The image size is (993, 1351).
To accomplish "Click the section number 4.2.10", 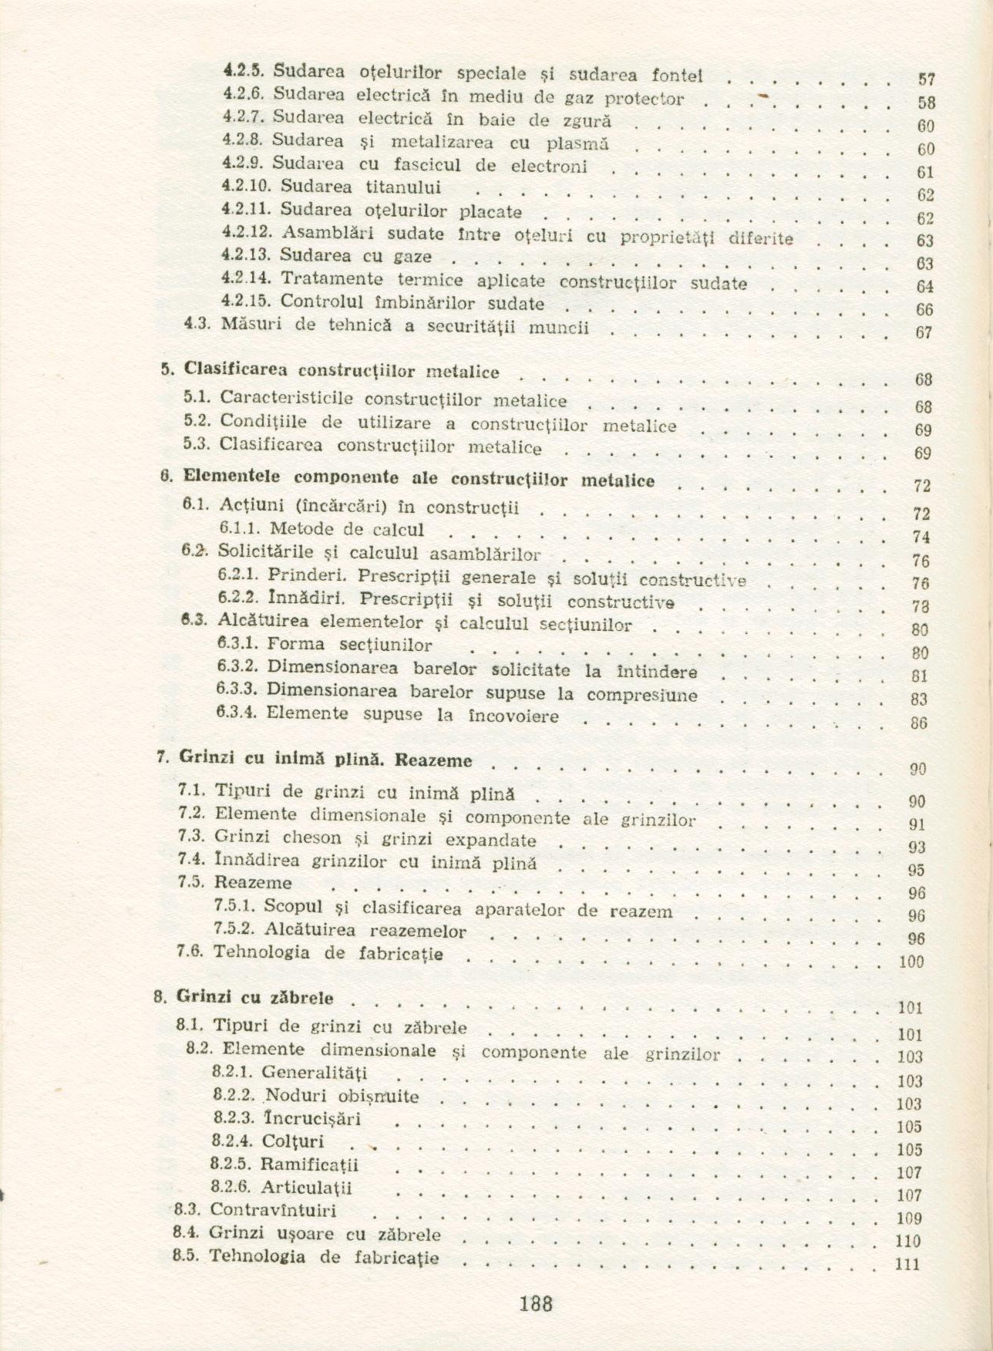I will [245, 186].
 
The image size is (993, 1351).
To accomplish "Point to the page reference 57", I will [927, 79].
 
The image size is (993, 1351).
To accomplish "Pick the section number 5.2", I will [197, 422].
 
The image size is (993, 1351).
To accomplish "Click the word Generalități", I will [315, 1073].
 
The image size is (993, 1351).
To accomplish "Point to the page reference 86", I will [918, 723].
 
